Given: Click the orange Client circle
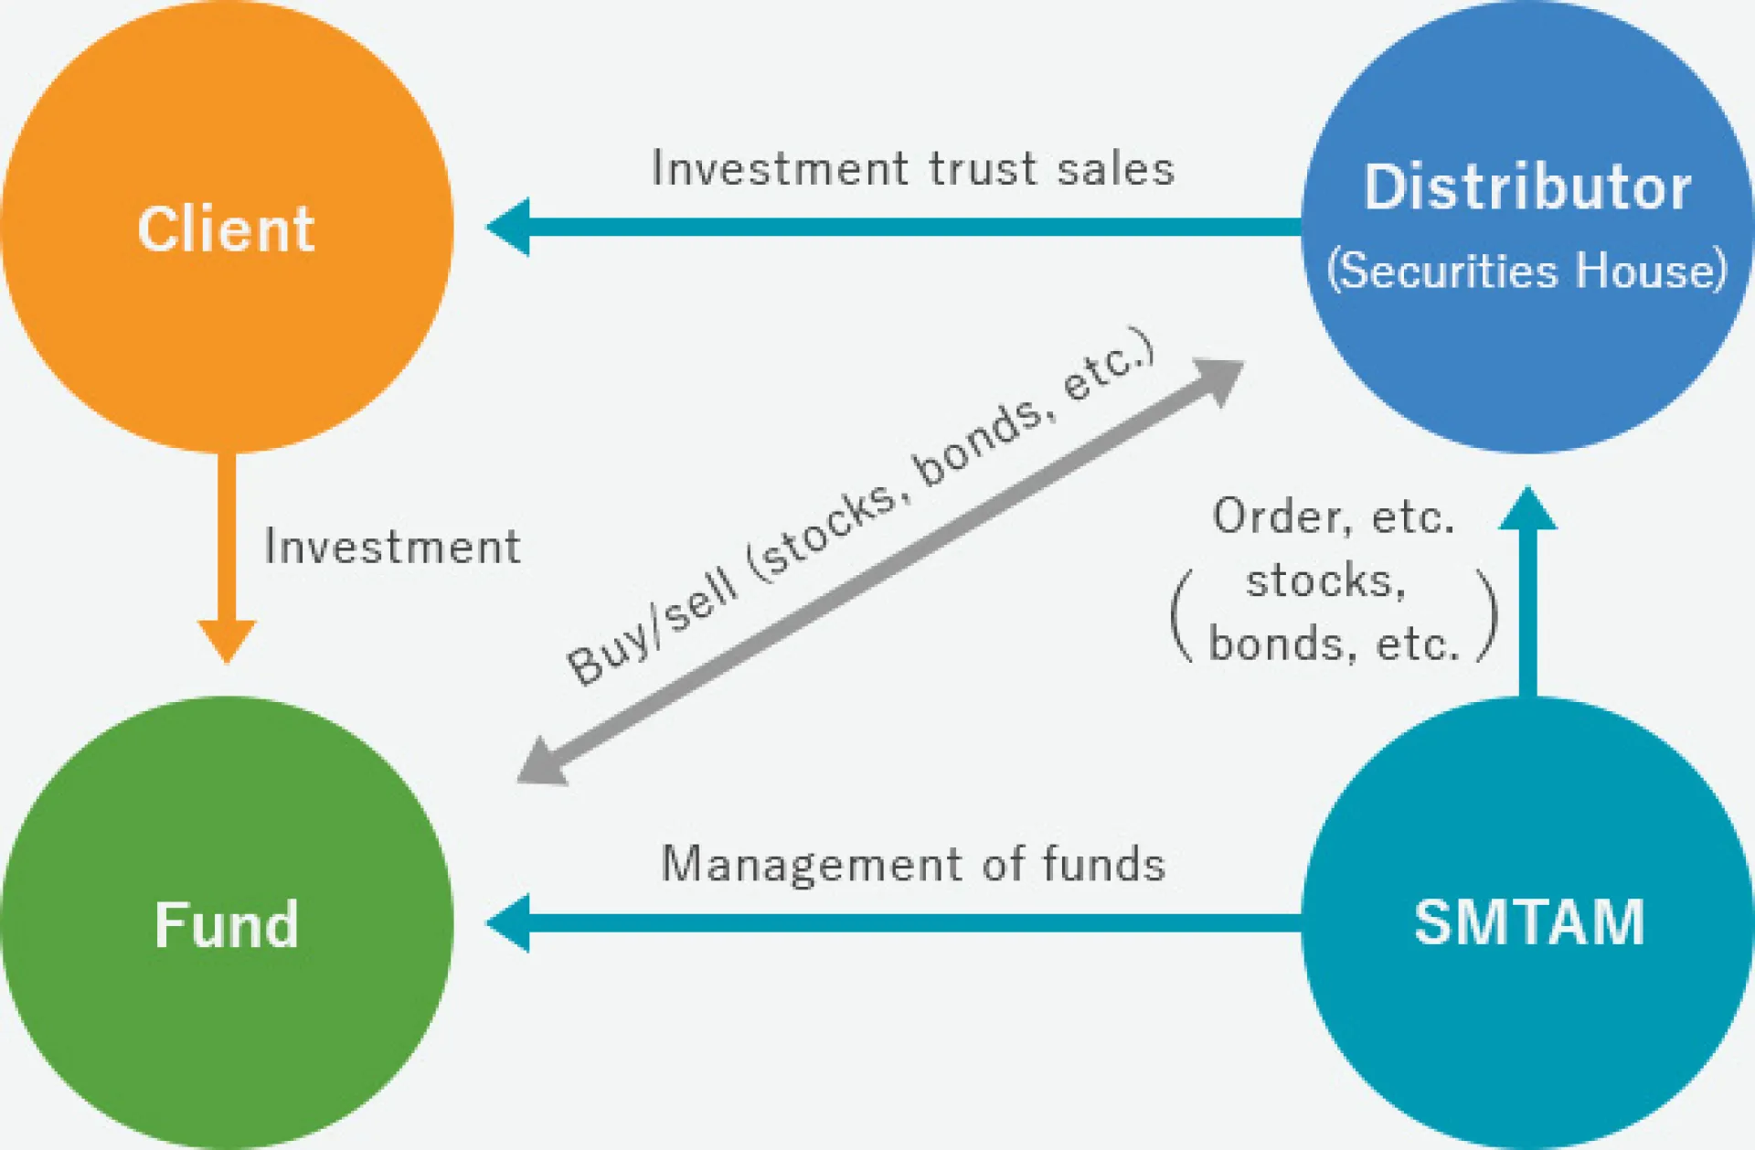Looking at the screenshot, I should tap(227, 227).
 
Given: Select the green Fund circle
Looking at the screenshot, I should tap(227, 923).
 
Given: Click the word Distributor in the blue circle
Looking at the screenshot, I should tap(1527, 188).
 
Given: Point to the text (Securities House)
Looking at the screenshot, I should tap(1526, 271).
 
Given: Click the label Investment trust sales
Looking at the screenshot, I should tap(912, 169).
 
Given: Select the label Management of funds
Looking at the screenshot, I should tap(912, 865).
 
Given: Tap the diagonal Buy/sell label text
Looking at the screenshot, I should tap(859, 507).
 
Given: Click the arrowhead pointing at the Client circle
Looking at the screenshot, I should tap(508, 227).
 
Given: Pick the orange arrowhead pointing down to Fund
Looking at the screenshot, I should tap(227, 640).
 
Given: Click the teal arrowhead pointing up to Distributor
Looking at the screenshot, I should tap(1527, 509).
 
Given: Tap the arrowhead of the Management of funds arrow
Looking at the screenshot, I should tap(508, 923).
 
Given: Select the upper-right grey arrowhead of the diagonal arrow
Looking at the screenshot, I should tap(1220, 378).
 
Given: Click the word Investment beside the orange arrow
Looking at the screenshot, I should tap(392, 547).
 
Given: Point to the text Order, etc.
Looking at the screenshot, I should tap(1333, 517).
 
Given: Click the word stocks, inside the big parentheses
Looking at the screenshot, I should tap(1325, 581).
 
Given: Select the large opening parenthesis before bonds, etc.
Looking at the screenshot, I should tap(1182, 614).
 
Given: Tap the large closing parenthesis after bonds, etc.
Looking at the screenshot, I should tap(1487, 614).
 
